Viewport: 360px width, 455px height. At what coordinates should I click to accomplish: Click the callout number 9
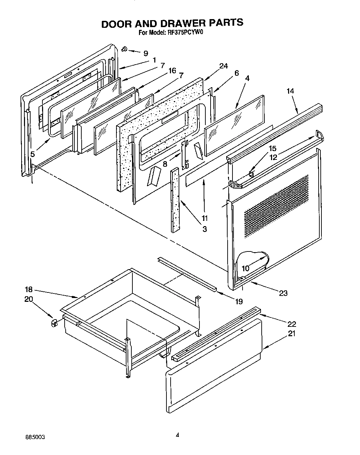coord(146,53)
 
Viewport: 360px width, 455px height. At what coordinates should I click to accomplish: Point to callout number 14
coord(290,91)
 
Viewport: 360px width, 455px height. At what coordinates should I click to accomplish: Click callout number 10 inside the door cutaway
coord(246,268)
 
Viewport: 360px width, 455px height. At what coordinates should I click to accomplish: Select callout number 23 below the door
coord(283,293)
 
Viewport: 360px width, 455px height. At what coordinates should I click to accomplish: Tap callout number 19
coord(239,301)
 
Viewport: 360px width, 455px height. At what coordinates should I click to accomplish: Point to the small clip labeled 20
coord(54,323)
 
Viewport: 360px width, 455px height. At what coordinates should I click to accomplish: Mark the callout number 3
coord(204,229)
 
